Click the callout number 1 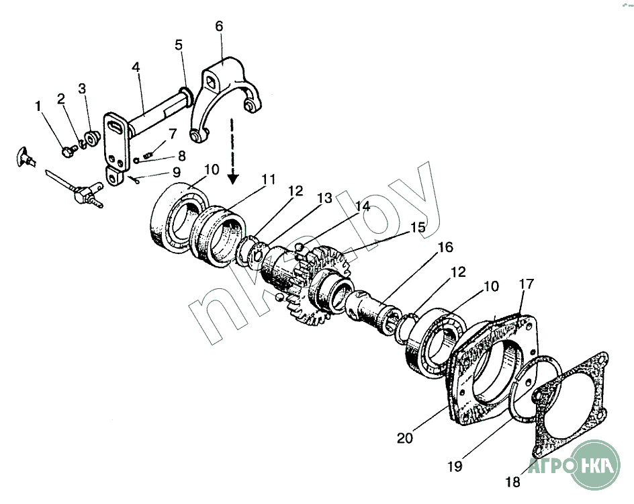[38, 106]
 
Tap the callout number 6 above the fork [219, 26]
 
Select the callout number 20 [404, 437]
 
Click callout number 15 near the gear [418, 227]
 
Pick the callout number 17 [526, 284]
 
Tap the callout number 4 [136, 68]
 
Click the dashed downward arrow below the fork [233, 151]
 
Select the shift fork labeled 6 [225, 94]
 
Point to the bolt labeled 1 [67, 152]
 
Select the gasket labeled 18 [571, 403]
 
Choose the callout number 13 [324, 199]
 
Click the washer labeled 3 [93, 138]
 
